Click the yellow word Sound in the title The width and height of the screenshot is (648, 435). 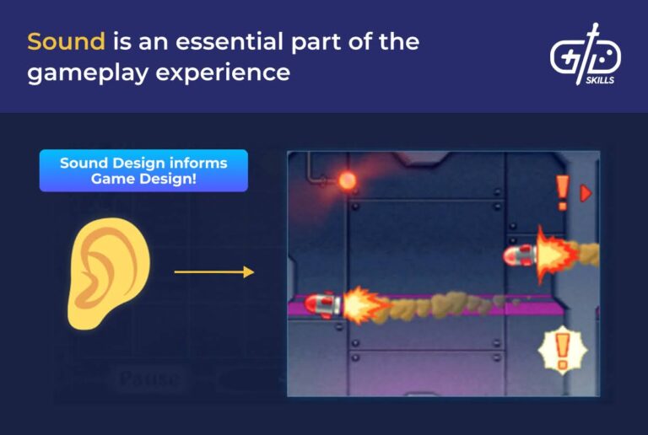pyautogui.click(x=66, y=41)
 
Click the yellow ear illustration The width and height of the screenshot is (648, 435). pyautogui.click(x=107, y=274)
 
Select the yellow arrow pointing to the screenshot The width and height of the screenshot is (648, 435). pyautogui.click(x=213, y=271)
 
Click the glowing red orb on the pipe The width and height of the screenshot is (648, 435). pyautogui.click(x=347, y=180)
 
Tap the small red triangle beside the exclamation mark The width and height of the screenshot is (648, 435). pyautogui.click(x=586, y=193)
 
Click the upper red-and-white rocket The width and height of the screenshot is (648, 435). pyautogui.click(x=519, y=254)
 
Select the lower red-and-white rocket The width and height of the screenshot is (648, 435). pyautogui.click(x=322, y=304)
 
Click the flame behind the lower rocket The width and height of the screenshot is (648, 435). pyautogui.click(x=363, y=305)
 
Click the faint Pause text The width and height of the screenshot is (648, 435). pyautogui.click(x=149, y=379)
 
